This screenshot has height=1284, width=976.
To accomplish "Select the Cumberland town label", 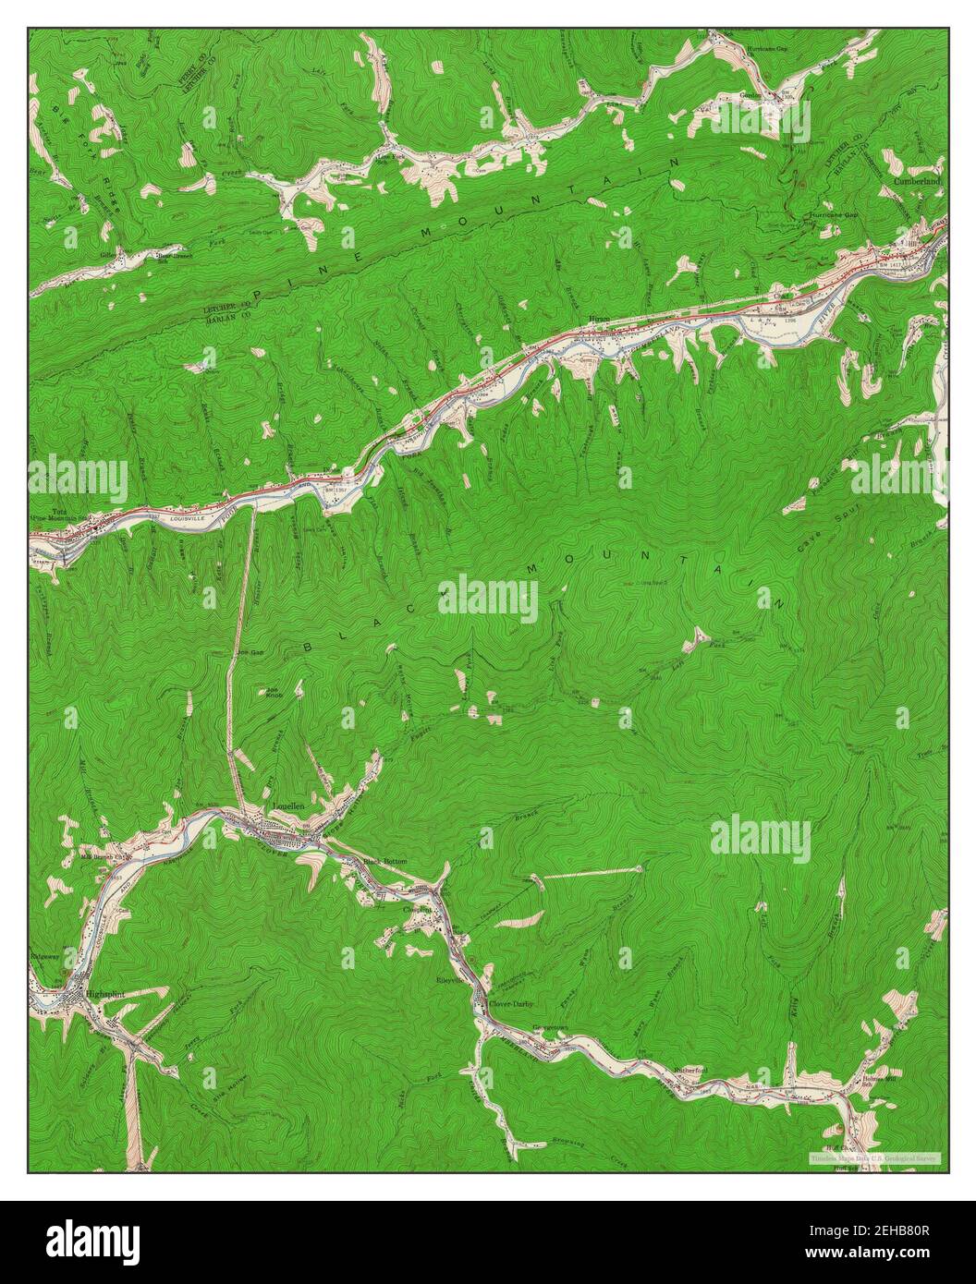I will (918, 183).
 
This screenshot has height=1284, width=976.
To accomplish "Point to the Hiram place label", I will (601, 321).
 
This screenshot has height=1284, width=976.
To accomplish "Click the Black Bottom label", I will (384, 861).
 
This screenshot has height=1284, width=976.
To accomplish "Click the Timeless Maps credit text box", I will (873, 1157).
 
